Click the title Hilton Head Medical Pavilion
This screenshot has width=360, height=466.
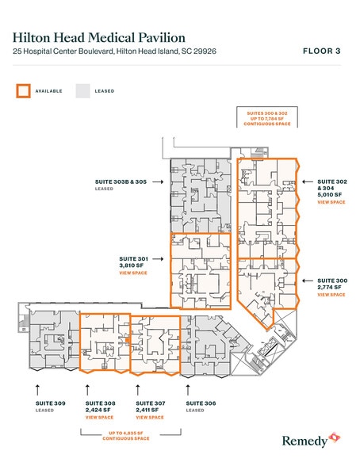pos(99,37)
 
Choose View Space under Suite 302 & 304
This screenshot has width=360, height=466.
pos(331,203)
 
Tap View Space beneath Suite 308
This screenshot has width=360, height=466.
pos(99,417)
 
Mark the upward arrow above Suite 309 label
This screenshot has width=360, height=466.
pos(38,388)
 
